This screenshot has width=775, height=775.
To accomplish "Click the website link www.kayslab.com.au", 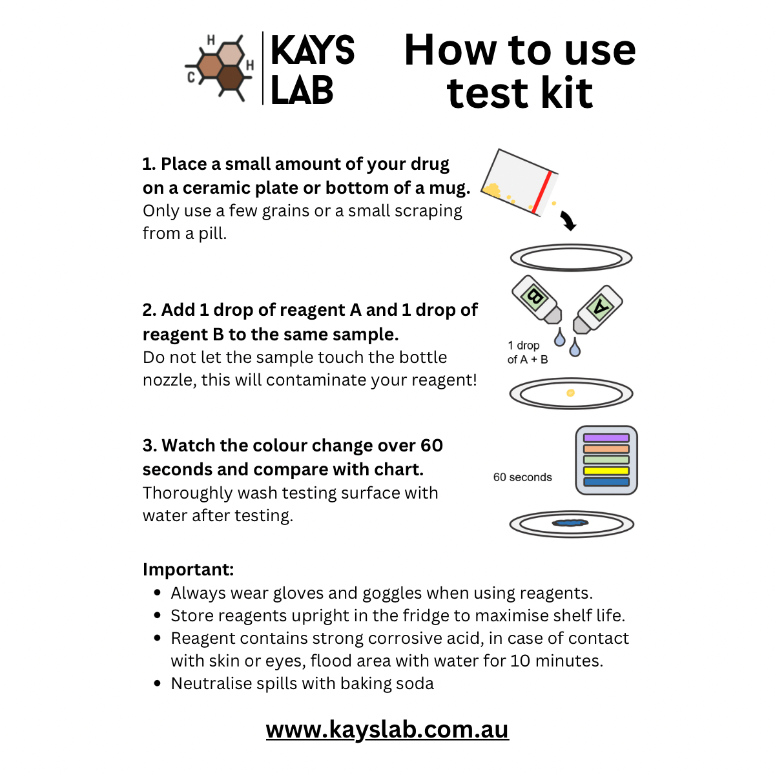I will click(x=387, y=729).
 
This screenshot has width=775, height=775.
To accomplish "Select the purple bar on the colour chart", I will click(x=606, y=438).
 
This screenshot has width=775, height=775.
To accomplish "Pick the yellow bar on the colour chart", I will click(x=606, y=471).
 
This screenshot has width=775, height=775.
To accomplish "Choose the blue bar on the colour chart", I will click(x=606, y=482).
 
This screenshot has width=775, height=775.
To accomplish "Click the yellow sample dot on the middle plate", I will click(x=570, y=393).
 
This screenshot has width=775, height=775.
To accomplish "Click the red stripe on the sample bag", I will click(x=542, y=192).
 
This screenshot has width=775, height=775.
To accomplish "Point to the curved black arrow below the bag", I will click(x=568, y=221).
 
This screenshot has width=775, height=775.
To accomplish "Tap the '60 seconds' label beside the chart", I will click(x=522, y=477).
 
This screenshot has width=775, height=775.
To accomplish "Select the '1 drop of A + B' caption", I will click(x=527, y=353).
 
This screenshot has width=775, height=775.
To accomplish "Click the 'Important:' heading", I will click(x=188, y=570).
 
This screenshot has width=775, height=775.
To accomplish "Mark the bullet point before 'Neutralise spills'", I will click(x=158, y=683).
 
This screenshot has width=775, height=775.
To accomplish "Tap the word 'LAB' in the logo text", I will click(x=302, y=90).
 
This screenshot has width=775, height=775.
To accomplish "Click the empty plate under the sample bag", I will click(x=571, y=258).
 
